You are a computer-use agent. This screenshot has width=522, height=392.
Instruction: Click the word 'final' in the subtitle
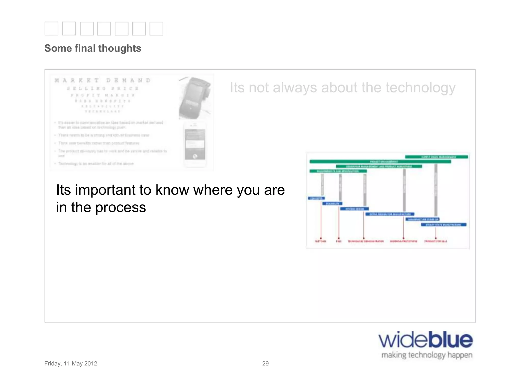85,48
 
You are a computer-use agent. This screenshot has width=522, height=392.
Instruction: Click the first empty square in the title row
51,28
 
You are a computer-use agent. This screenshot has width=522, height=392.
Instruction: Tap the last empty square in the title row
156,28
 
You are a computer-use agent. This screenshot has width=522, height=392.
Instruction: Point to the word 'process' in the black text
121,207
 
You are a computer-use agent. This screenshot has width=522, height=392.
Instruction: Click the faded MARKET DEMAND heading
102,80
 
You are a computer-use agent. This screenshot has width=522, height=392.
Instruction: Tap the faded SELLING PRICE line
102,89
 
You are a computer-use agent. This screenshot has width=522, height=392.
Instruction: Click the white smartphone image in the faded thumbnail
195,144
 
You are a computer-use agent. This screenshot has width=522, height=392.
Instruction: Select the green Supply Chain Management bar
437,157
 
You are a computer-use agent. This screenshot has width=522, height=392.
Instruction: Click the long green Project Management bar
380,162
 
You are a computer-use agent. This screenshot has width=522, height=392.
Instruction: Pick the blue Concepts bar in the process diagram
316,198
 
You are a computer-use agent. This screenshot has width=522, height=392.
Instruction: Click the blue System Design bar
354,209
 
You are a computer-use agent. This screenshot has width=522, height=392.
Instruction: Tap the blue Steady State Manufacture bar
443,225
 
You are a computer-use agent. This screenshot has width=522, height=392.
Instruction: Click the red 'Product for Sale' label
436,241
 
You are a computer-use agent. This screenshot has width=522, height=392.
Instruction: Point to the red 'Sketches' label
321,241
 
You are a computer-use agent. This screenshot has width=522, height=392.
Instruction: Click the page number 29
265,363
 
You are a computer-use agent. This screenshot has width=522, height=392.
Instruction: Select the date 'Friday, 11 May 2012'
71,363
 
